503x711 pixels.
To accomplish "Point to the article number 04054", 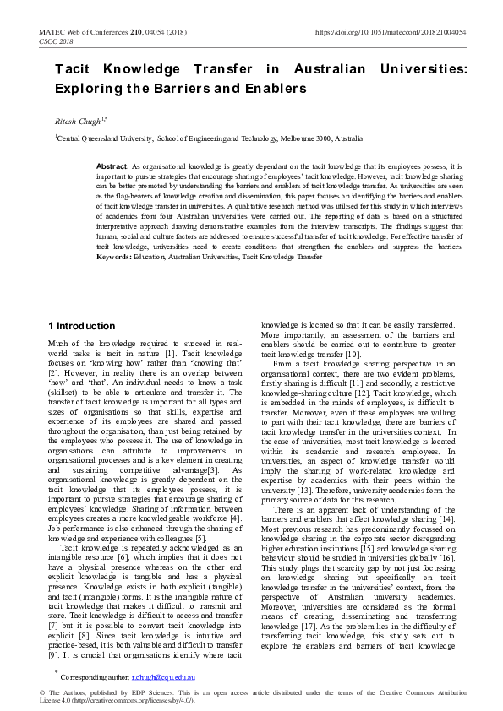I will pos(154,32).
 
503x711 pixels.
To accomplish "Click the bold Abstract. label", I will pos(113,167).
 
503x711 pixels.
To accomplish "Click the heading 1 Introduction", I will pos(81,326).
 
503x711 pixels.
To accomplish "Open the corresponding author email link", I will pos(167,676).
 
